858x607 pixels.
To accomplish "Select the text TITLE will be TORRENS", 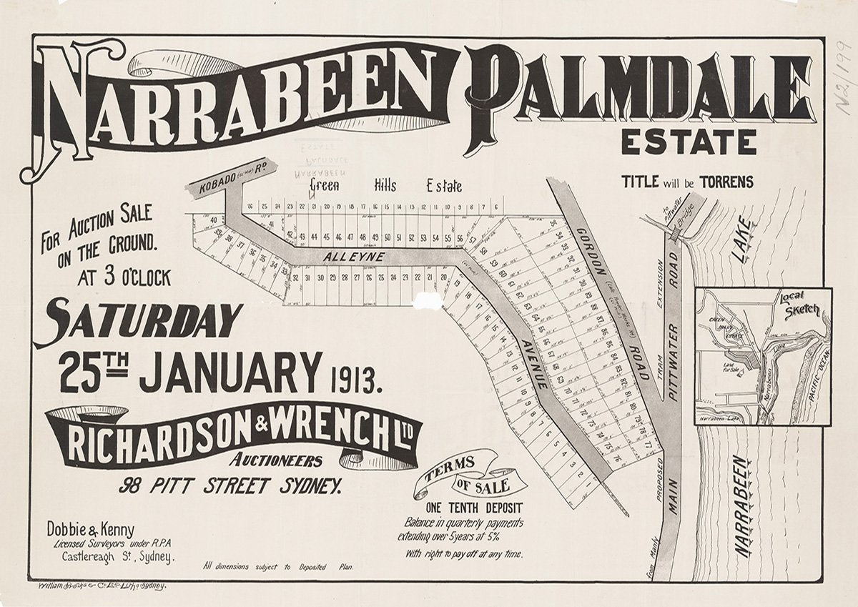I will point(687,182).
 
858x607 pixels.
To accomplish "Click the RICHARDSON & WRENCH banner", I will point(236,433).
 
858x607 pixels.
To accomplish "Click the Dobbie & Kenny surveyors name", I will point(90,530).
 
